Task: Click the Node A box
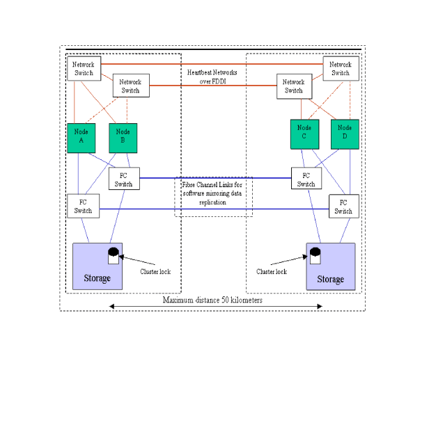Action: click(x=81, y=136)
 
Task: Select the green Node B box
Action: click(x=123, y=137)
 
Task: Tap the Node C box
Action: click(x=304, y=133)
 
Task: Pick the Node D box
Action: click(x=345, y=133)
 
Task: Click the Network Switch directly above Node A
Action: click(x=84, y=68)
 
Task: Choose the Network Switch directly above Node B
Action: click(x=130, y=86)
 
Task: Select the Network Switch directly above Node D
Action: click(x=340, y=68)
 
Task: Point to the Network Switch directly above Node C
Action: click(x=293, y=86)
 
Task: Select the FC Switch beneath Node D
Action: click(x=343, y=207)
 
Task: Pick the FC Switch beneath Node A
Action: click(x=83, y=207)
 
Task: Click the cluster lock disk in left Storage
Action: click(x=113, y=256)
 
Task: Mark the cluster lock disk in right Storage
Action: click(x=315, y=256)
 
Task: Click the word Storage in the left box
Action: click(x=97, y=278)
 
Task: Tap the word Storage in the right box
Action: click(x=330, y=279)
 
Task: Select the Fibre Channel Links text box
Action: click(x=212, y=195)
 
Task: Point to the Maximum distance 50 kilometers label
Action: click(x=213, y=300)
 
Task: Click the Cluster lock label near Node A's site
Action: click(x=155, y=271)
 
